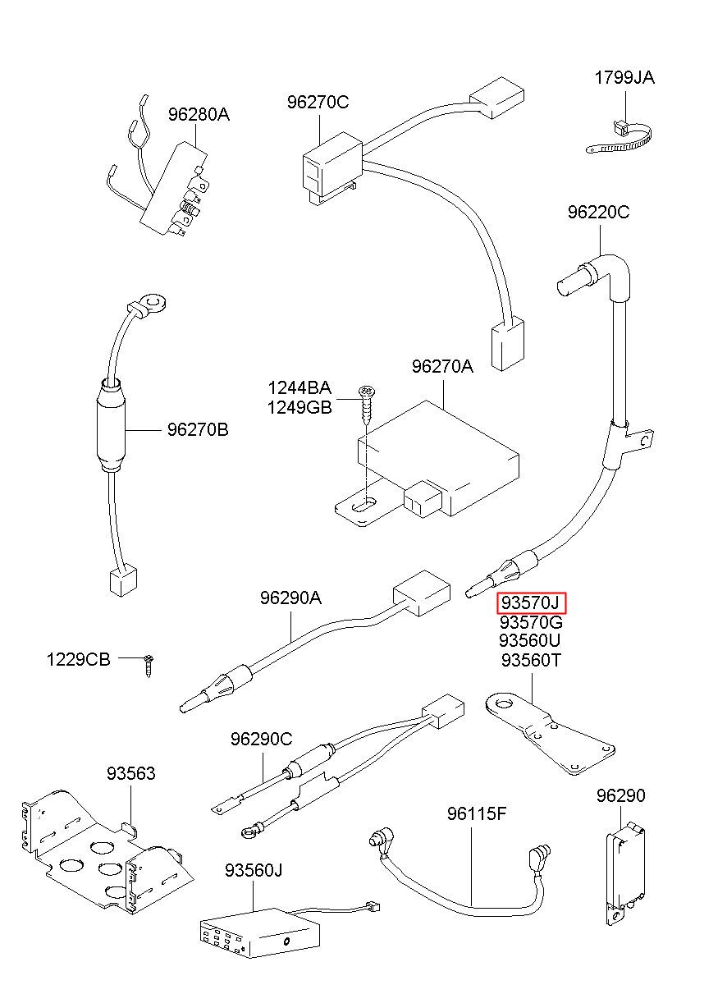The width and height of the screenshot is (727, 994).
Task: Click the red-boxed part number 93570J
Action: click(531, 604)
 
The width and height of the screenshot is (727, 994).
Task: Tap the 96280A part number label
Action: click(199, 115)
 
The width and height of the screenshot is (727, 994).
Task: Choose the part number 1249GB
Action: click(299, 407)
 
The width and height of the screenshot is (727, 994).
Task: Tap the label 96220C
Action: click(598, 213)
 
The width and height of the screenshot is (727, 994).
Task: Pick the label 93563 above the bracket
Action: click(130, 773)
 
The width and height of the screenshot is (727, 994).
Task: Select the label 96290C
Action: click(261, 739)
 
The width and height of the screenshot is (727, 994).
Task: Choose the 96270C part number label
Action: click(318, 103)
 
